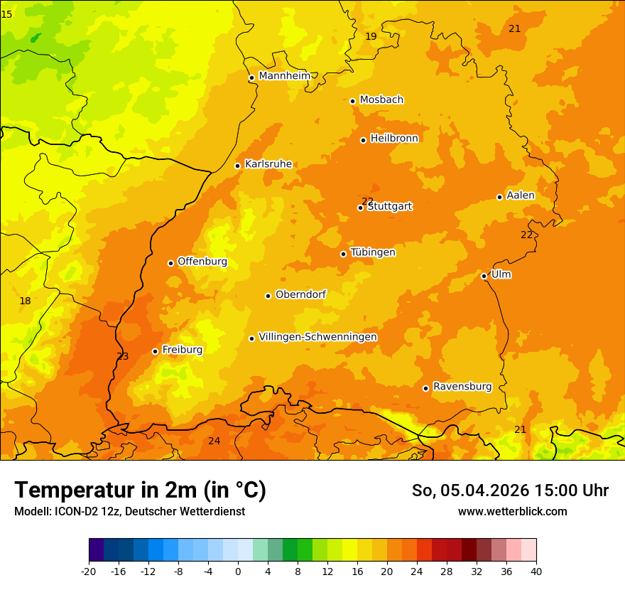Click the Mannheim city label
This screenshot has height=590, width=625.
coord(285,75)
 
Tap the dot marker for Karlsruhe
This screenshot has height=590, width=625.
coord(237,166)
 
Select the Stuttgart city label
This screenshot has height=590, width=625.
coord(389,206)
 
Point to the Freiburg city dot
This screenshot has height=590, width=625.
coord(155,351)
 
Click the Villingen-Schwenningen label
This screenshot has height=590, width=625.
coord(317,336)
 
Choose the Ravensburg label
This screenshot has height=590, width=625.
coord(462,386)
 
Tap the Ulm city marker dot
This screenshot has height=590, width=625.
coord(484,276)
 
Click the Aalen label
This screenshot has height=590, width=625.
coord(521,195)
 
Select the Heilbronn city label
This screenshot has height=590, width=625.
coord(394,138)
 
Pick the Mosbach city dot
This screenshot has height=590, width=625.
coord(352,101)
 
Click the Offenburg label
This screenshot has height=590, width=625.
coord(202,261)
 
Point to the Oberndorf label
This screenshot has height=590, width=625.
coord(300,294)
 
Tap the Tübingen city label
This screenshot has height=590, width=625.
coord(373,252)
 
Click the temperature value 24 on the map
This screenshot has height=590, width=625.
coord(214,441)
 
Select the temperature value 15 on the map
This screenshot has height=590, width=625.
coord(6,14)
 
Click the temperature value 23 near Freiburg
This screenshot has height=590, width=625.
coord(123,356)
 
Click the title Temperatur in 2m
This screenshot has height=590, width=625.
coord(140,490)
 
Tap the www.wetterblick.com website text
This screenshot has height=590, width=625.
coord(512,511)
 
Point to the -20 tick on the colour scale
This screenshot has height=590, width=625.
coord(89,571)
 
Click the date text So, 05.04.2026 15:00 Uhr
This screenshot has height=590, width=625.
coord(510,490)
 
